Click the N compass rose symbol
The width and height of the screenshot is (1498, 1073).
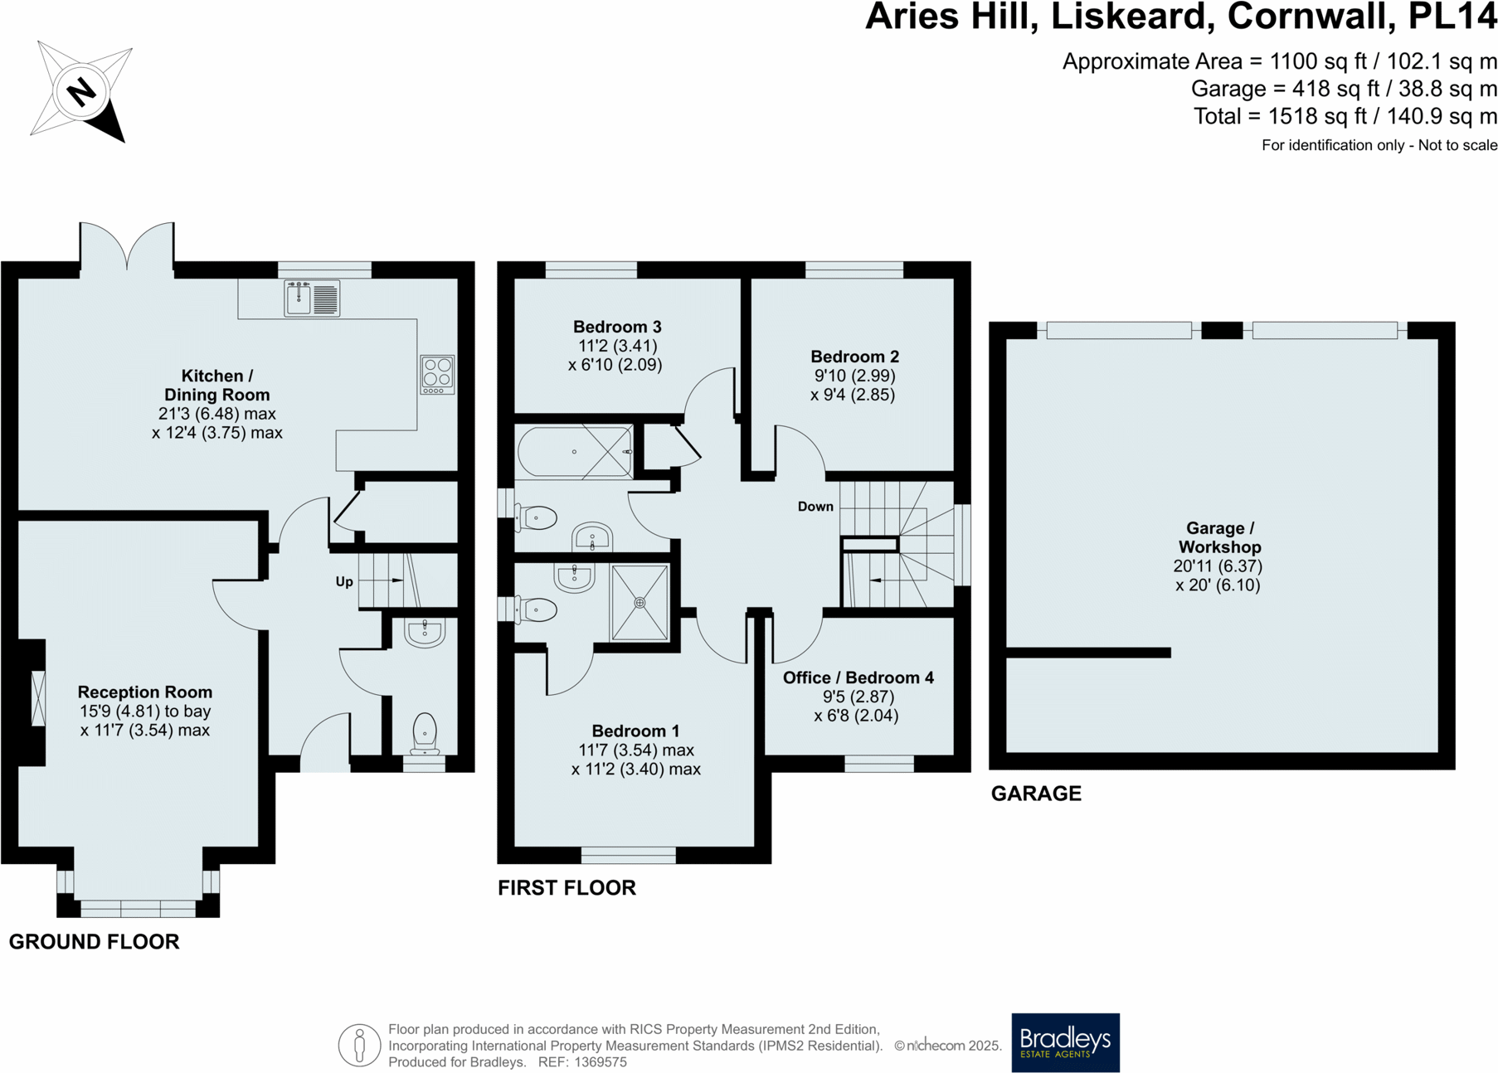[x=80, y=91]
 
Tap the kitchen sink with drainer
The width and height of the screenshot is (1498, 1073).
[x=312, y=299]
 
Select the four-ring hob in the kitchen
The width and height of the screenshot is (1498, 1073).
[x=437, y=374]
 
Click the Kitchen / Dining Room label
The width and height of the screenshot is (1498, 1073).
[x=216, y=386]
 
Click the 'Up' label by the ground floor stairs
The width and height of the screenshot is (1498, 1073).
[x=344, y=581]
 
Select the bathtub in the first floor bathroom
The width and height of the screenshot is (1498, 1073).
[x=574, y=452]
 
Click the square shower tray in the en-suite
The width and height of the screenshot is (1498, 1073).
[x=640, y=603]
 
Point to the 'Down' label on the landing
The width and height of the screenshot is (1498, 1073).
[x=815, y=507]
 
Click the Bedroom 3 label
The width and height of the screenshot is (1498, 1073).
[x=617, y=327]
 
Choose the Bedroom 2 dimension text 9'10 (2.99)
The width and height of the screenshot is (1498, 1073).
[x=854, y=376]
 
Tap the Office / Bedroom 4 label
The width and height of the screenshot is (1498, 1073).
[x=858, y=677]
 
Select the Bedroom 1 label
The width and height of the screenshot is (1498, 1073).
[x=635, y=731]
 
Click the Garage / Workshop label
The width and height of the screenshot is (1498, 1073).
[x=1219, y=537]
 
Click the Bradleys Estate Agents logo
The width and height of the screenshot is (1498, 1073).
[x=1065, y=1042]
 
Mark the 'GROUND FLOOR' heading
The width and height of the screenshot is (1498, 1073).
[x=94, y=942]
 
